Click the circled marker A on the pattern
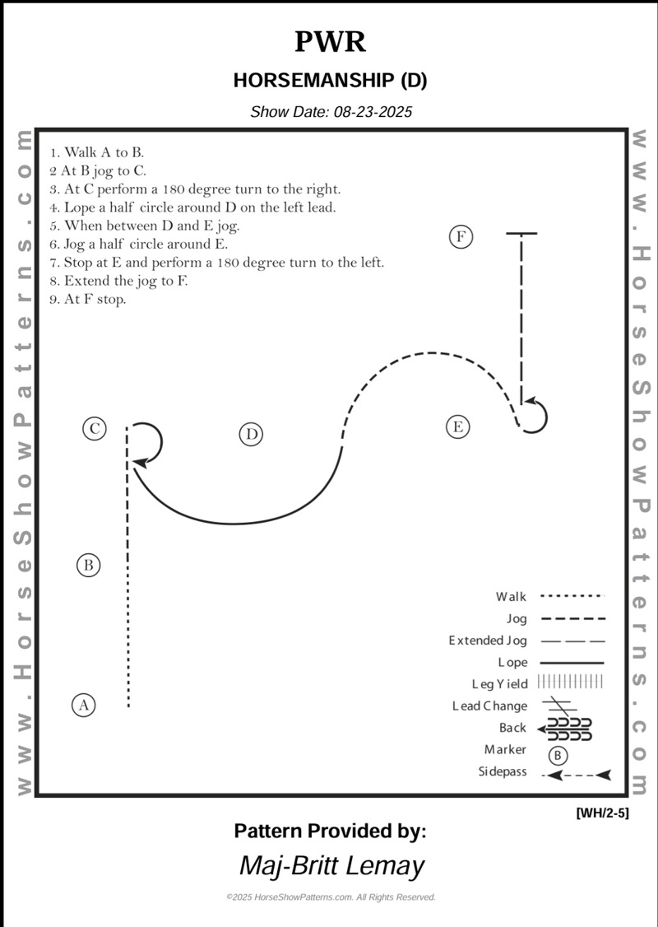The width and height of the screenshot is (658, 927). [x=83, y=705]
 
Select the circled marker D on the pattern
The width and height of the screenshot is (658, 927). [x=252, y=434]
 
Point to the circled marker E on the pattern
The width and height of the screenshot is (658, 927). [x=458, y=426]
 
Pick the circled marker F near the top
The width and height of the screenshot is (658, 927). [x=461, y=237]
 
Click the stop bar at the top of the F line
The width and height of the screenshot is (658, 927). [x=521, y=234]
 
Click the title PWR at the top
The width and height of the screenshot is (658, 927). [x=329, y=42]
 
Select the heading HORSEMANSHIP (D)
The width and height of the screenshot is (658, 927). [x=330, y=81]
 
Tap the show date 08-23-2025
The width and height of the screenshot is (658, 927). [x=331, y=112]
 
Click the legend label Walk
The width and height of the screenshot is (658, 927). [x=511, y=597]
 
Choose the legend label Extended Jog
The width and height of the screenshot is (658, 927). [x=488, y=641]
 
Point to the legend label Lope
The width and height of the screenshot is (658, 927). [x=512, y=662]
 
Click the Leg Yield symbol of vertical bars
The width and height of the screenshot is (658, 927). [x=570, y=682]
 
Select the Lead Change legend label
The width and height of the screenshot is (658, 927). [x=489, y=706]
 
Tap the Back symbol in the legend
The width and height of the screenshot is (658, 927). [x=566, y=728]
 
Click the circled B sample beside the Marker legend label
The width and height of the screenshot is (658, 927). [x=558, y=755]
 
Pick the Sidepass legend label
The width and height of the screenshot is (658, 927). [x=503, y=772]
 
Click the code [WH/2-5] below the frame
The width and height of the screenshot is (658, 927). [x=602, y=813]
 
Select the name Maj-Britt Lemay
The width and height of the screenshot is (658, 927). [x=331, y=865]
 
